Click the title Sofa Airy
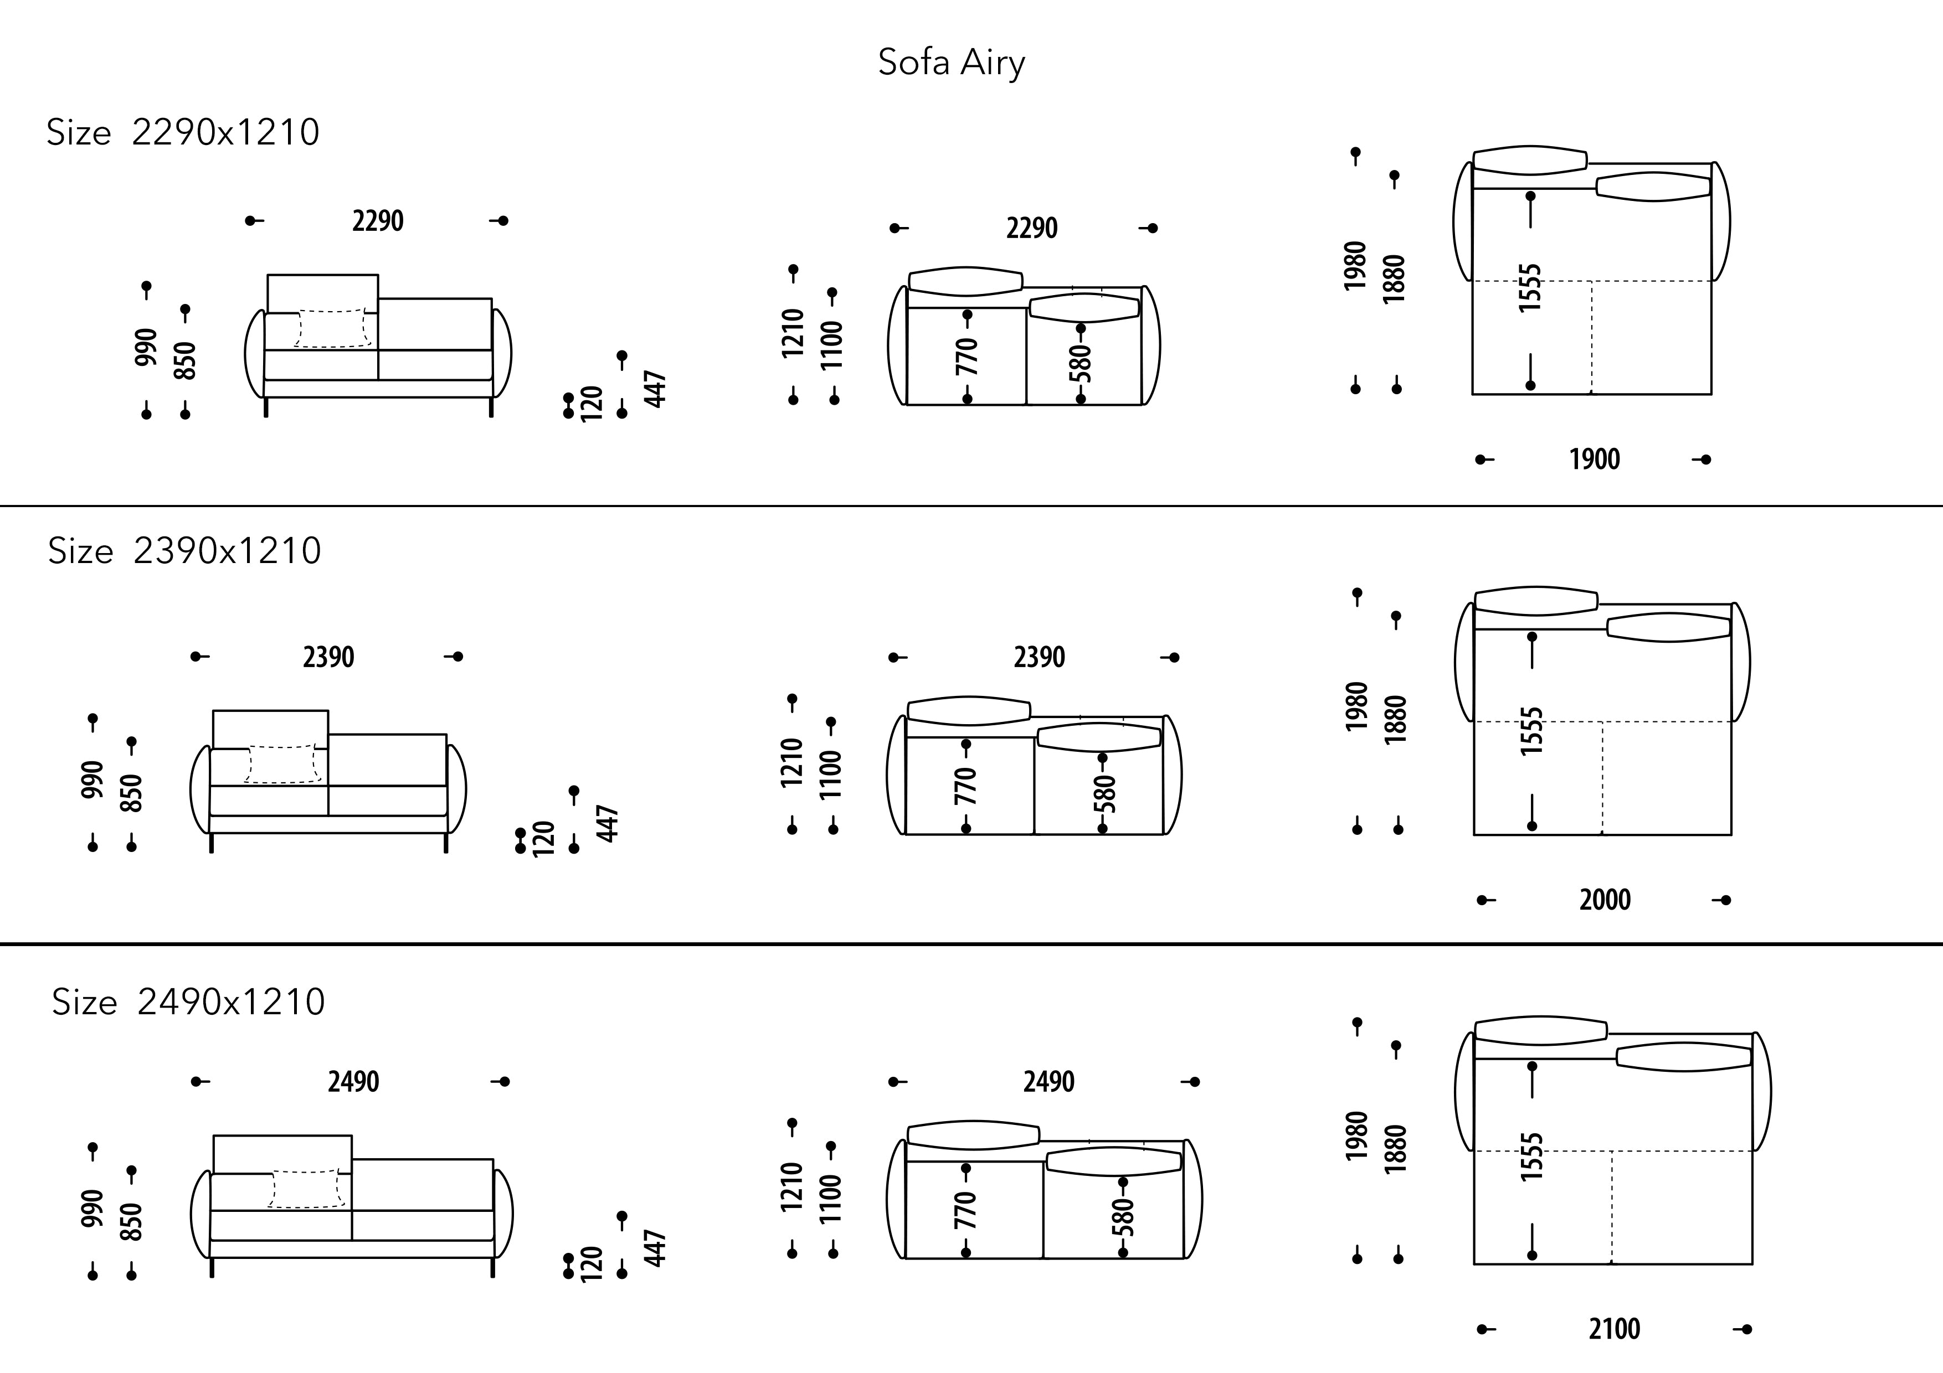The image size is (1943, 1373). click(951, 63)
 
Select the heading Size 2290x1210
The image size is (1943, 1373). click(183, 133)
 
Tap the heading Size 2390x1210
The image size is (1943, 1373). click(184, 551)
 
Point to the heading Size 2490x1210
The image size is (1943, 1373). click(188, 1003)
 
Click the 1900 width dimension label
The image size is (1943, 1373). click(1595, 460)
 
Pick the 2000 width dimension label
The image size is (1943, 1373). click(1605, 899)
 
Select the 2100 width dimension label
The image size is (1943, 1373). click(1614, 1329)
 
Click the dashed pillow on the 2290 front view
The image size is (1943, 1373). click(332, 328)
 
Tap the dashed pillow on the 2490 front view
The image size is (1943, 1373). click(307, 1189)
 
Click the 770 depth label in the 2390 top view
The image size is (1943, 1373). click(965, 786)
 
